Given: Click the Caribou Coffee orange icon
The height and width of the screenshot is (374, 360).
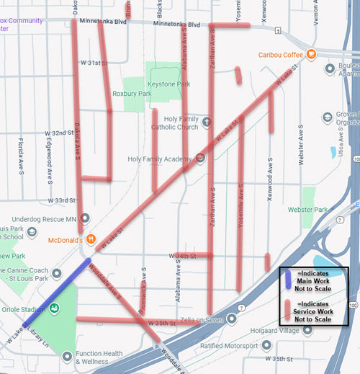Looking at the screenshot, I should (x=311, y=54).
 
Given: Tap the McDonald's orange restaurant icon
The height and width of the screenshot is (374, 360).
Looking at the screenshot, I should (x=91, y=239).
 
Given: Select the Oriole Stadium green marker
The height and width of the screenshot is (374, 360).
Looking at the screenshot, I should (x=54, y=308).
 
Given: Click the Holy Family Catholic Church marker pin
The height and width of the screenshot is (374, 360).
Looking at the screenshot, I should (x=207, y=122).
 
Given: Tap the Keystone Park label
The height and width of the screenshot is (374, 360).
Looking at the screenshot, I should (x=172, y=84).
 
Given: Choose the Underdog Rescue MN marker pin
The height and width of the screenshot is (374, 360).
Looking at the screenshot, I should (x=86, y=218).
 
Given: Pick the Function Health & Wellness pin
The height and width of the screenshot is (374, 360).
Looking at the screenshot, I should (x=67, y=355).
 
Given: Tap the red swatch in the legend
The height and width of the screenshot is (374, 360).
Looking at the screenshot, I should (x=287, y=309).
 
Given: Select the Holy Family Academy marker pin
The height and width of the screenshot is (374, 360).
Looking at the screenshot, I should (x=200, y=159).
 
